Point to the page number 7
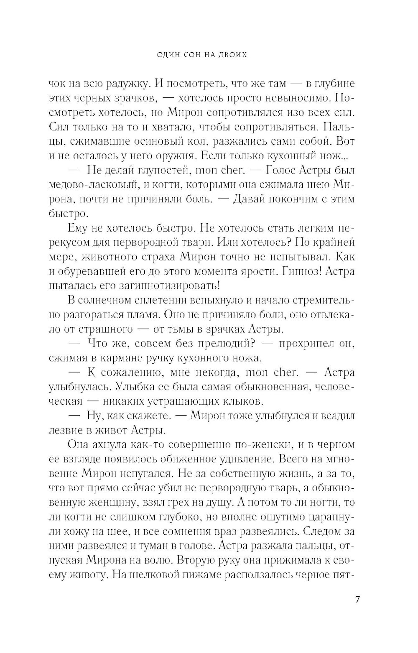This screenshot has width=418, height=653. point(357,599)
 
